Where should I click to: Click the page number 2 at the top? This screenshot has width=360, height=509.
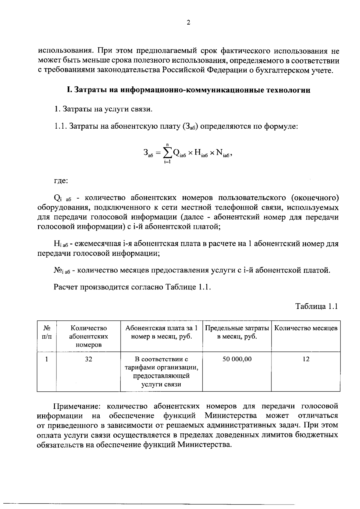point(188,23)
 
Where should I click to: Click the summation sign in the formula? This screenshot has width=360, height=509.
point(167,153)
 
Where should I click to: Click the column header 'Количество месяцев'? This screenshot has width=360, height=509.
point(306,328)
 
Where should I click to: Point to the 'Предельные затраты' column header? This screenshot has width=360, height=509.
point(237,332)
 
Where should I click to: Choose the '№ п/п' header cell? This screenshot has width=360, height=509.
point(46,332)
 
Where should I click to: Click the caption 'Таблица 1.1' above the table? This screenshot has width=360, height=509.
point(317,306)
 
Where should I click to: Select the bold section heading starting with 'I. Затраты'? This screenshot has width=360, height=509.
point(188,90)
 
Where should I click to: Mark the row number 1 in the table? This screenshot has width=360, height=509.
point(46,359)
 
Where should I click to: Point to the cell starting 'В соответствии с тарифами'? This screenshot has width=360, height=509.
point(161,372)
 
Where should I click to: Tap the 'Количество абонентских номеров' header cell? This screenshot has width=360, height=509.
point(88,336)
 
